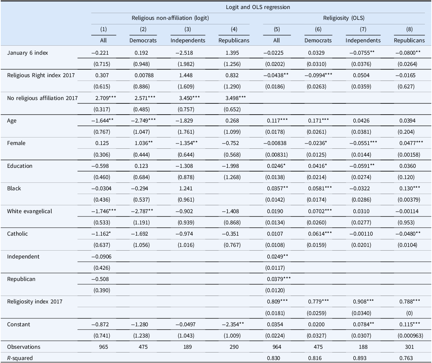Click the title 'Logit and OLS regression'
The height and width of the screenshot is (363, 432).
pos(258,7)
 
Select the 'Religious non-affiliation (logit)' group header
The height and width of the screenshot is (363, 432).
pos(170,18)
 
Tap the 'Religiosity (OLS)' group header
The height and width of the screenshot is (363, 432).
pos(344,18)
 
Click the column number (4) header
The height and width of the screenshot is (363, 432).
pos(234,29)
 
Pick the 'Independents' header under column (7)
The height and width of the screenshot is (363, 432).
pos(363,40)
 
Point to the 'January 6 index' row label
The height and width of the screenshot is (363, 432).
pos(28,53)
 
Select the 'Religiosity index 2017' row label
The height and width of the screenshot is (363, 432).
pos(35,302)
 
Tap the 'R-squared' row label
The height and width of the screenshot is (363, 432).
pos(20,358)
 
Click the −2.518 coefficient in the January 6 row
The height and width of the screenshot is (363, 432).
pos(184,53)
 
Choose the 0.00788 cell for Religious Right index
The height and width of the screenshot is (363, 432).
pos(143,75)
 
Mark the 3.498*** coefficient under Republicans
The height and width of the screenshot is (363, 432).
pos(236,98)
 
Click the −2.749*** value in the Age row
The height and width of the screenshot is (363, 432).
pos(143,121)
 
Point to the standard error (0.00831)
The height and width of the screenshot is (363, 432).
pos(276,155)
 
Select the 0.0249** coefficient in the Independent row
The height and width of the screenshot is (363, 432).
pos(278,257)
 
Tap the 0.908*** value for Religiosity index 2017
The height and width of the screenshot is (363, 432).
pos(363,302)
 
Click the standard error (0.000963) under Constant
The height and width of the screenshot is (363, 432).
pos(409,336)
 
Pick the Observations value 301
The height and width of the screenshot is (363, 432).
pos(410,347)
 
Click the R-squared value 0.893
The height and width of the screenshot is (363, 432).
pos(360,358)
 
